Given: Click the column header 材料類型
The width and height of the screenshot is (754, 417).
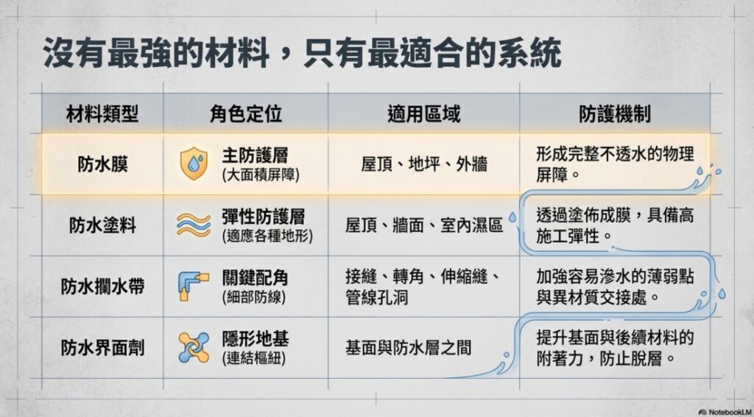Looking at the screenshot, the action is [x=102, y=114].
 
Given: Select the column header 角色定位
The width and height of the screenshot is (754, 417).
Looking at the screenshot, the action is [x=246, y=114].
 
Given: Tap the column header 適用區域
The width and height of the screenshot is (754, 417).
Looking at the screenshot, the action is [x=423, y=114].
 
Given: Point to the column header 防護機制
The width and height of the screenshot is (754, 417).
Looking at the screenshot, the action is [x=615, y=114].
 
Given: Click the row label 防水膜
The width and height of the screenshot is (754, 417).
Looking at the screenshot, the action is [x=102, y=164].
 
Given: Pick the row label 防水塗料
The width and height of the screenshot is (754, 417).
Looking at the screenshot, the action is [x=102, y=225].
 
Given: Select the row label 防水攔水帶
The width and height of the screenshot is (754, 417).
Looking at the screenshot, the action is [x=102, y=286].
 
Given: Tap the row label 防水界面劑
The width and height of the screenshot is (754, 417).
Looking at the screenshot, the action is [x=102, y=347].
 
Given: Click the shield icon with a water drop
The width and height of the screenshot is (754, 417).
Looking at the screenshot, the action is [x=194, y=164].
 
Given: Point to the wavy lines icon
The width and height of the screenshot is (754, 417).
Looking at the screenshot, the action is [x=194, y=225].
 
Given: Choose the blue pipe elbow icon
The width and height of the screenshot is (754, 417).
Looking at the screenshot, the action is [x=193, y=287].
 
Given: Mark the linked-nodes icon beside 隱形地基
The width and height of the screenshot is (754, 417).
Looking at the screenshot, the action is [x=194, y=347].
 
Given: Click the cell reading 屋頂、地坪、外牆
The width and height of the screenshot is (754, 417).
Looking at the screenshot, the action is [x=424, y=164].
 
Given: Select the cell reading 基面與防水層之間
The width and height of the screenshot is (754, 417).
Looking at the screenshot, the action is [x=408, y=347].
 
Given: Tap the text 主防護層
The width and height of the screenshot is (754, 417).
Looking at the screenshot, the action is [x=255, y=155].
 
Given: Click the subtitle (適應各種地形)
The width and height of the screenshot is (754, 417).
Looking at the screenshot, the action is [x=267, y=236].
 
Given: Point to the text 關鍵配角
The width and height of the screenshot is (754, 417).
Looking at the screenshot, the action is [x=255, y=278].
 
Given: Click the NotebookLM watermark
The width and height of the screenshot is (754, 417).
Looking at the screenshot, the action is [x=726, y=412].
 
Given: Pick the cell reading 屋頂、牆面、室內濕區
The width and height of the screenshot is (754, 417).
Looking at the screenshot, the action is [x=424, y=225].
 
